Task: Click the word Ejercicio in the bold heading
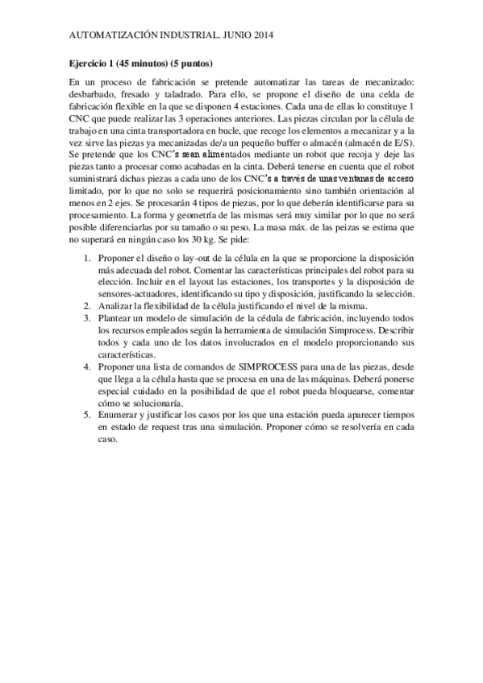point(86,63)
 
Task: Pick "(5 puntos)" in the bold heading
point(192,63)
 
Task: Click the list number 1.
point(88,259)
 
